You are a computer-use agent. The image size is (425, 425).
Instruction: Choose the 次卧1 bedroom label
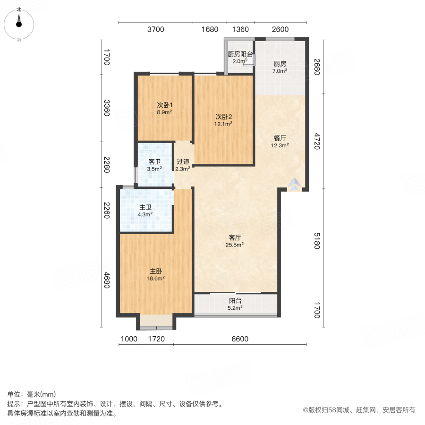tap(164, 105)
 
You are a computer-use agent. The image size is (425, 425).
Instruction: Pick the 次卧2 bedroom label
tap(223, 117)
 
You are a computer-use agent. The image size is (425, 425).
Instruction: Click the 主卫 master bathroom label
tap(144, 207)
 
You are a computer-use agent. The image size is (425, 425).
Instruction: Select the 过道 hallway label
tap(183, 161)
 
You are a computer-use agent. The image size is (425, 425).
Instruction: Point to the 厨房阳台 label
tap(240, 54)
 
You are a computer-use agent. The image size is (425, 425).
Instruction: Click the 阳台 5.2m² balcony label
tap(235, 301)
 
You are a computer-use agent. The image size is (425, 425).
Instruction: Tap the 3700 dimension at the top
tap(155, 29)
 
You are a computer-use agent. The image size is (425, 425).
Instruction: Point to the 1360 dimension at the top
tap(240, 29)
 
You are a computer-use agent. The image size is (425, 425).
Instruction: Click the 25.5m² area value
tap(234, 245)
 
